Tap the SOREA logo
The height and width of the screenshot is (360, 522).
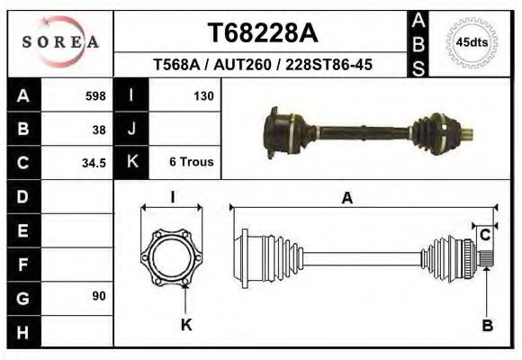coord(60,42)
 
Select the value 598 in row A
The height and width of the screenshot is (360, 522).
coord(95,95)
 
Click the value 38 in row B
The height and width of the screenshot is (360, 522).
coord(99,129)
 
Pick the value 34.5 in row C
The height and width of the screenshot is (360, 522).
coord(94,163)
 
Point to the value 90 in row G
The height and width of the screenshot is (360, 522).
coord(99,296)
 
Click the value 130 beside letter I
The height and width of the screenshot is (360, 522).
coord(202,95)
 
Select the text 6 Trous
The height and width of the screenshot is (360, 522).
coord(191,163)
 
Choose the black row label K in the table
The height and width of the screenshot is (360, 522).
coord(132,163)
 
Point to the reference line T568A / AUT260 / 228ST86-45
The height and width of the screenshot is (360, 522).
coord(263,66)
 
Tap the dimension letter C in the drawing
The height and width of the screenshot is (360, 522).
coord(484,236)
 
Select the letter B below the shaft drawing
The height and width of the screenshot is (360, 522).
coord(487,326)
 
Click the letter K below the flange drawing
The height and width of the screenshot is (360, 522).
coord(186,325)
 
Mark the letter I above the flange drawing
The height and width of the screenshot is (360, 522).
coord(172,196)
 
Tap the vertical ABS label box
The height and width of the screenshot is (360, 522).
coord(418,43)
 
